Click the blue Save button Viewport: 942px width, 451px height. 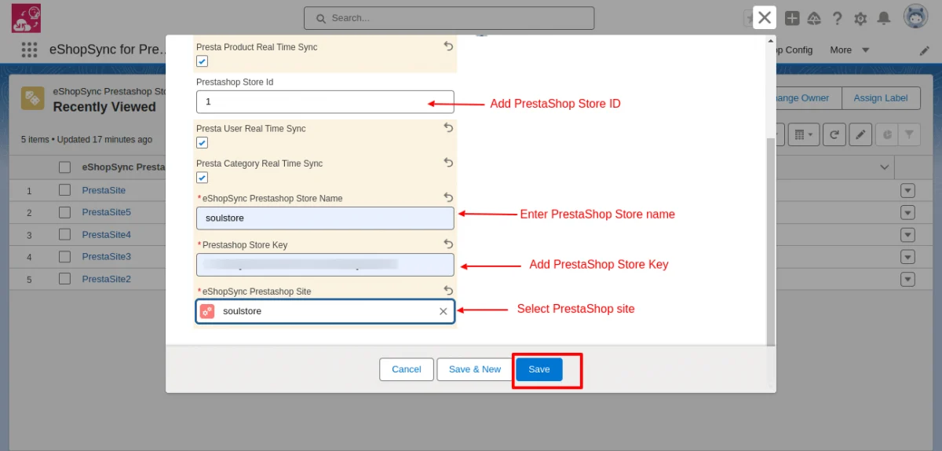click(539, 369)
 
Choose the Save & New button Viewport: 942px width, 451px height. click(474, 369)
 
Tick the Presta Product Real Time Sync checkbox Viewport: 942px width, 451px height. click(202, 61)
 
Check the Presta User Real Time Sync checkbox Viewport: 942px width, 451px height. click(202, 142)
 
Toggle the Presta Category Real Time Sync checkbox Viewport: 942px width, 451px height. click(202, 178)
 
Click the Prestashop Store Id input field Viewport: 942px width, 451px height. click(324, 101)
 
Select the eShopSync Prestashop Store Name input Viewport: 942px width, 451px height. click(324, 218)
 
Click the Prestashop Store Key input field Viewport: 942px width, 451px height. click(324, 265)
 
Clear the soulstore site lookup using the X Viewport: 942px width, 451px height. click(443, 312)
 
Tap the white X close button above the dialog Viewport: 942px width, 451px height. click(765, 18)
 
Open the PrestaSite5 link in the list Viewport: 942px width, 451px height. click(106, 212)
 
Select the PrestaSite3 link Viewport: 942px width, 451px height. click(106, 256)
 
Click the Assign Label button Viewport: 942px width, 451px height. click(880, 98)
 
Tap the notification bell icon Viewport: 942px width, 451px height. click(884, 18)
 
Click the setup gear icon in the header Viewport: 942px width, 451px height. click(860, 18)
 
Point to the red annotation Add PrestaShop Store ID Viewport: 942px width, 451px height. click(555, 104)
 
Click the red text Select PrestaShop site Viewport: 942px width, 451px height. click(575, 309)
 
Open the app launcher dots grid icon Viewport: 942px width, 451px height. click(29, 49)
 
